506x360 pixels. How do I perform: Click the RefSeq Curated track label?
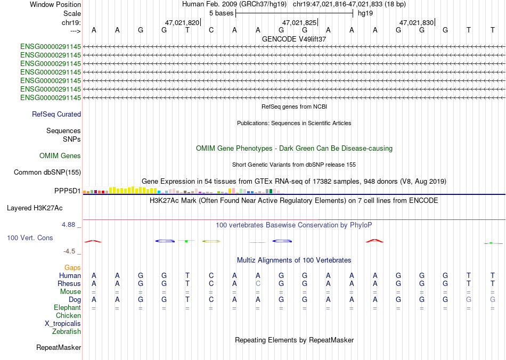(56, 114)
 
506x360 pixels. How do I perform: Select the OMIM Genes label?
(60, 156)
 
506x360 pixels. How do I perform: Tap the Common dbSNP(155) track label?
(47, 172)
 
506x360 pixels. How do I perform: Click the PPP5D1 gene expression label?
(68, 191)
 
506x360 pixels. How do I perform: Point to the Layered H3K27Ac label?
(35, 208)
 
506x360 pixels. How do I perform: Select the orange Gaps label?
(72, 267)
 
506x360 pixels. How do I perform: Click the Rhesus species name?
(69, 283)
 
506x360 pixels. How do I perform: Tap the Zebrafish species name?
(67, 331)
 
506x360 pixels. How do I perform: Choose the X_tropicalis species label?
(63, 324)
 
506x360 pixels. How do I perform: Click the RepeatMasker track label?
(59, 347)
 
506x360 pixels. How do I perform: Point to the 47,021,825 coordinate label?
(299, 22)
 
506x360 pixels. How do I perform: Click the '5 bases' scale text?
(222, 13)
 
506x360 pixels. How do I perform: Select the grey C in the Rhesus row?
(258, 283)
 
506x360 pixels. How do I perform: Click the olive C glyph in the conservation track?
(211, 241)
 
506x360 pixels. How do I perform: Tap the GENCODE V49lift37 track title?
(294, 39)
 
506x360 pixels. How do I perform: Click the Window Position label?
(55, 4)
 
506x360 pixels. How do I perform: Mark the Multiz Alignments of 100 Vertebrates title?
(294, 260)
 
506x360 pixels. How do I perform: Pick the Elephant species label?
(68, 307)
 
